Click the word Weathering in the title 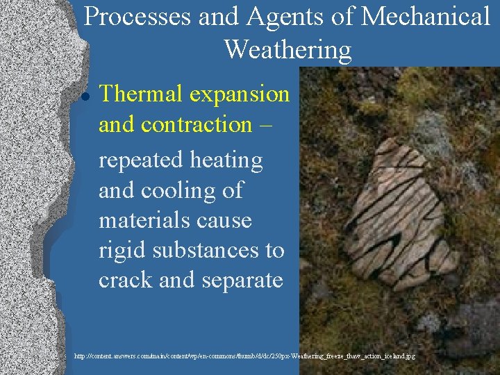pos(287,49)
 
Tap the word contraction pos(195,125)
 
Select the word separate pos(240,281)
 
